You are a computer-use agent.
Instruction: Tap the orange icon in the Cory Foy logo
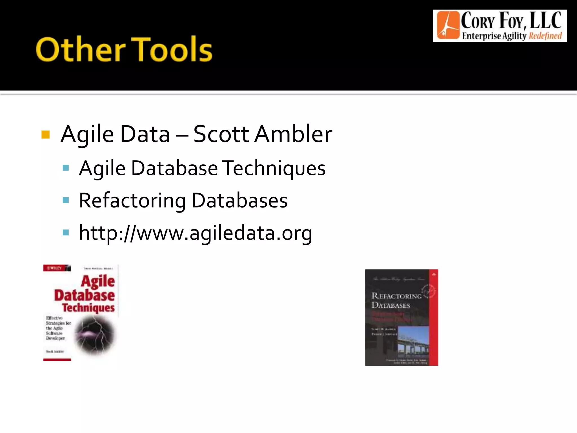click(x=448, y=25)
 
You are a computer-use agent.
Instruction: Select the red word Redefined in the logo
click(x=545, y=36)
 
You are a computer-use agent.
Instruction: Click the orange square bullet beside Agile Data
click(x=45, y=135)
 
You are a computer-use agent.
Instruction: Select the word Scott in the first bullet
click(x=221, y=134)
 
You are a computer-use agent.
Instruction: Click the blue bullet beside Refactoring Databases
click(x=66, y=200)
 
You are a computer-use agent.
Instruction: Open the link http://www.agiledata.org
click(x=196, y=233)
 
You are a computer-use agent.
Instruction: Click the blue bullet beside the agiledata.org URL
click(x=66, y=233)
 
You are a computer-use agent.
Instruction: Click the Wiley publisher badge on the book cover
click(x=57, y=268)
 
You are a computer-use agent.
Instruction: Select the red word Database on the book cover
click(x=85, y=295)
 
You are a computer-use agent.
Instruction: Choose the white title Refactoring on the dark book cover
click(x=396, y=296)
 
